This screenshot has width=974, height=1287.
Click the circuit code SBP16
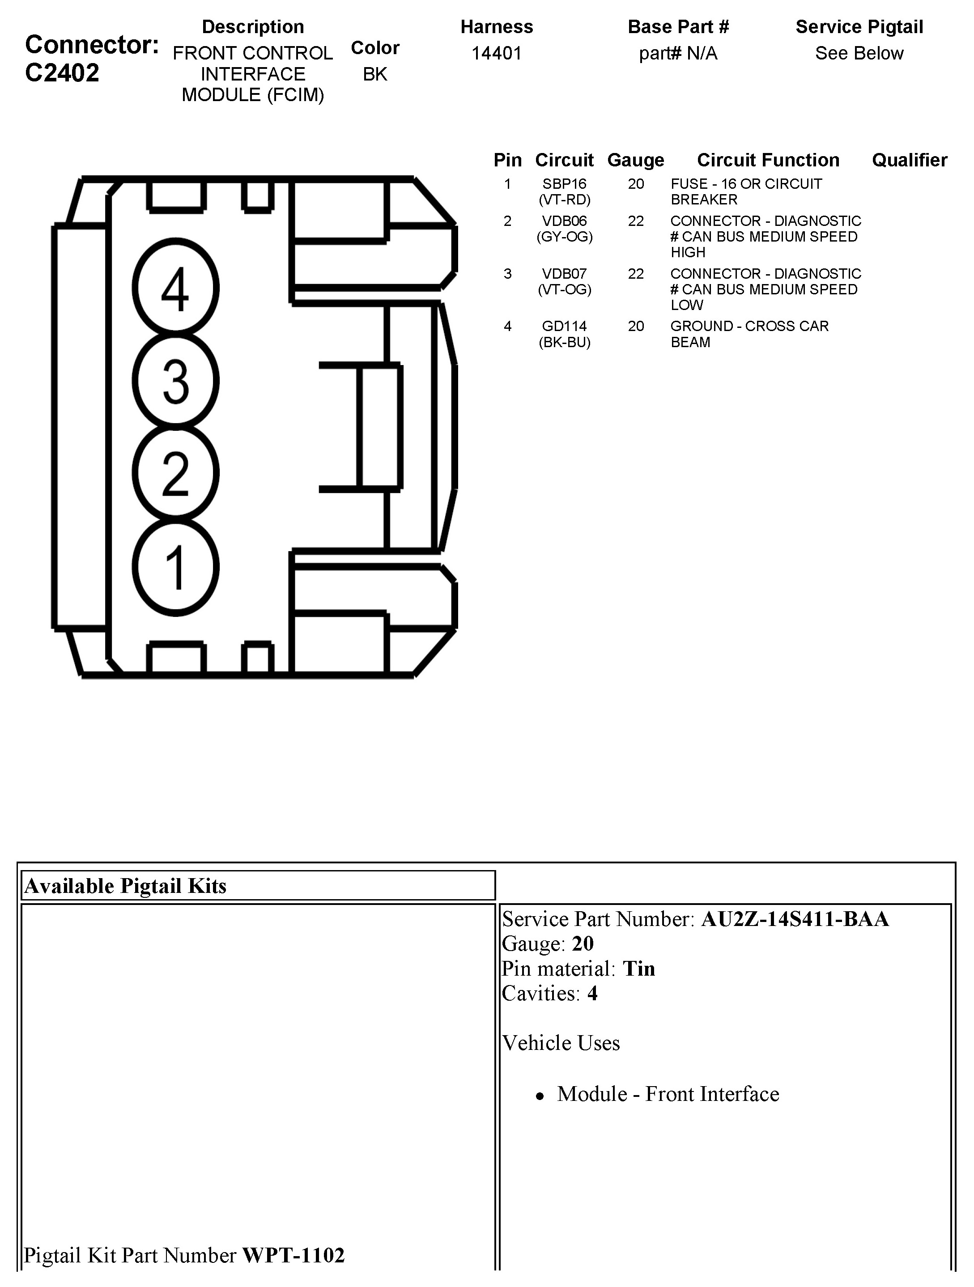[564, 184]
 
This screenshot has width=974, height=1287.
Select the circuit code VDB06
[564, 221]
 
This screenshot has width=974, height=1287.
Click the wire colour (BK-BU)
[564, 342]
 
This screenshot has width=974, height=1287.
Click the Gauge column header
[635, 160]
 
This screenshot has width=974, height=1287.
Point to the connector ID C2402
[62, 73]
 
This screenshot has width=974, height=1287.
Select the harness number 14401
[496, 54]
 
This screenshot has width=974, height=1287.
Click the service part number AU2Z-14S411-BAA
[795, 919]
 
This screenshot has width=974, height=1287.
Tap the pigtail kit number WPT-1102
[293, 1255]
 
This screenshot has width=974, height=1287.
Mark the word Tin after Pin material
[639, 969]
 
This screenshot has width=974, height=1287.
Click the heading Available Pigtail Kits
[125, 886]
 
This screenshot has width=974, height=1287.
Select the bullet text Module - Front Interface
[668, 1094]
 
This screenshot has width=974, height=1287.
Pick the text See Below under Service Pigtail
[859, 54]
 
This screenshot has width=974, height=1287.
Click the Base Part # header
[678, 27]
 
